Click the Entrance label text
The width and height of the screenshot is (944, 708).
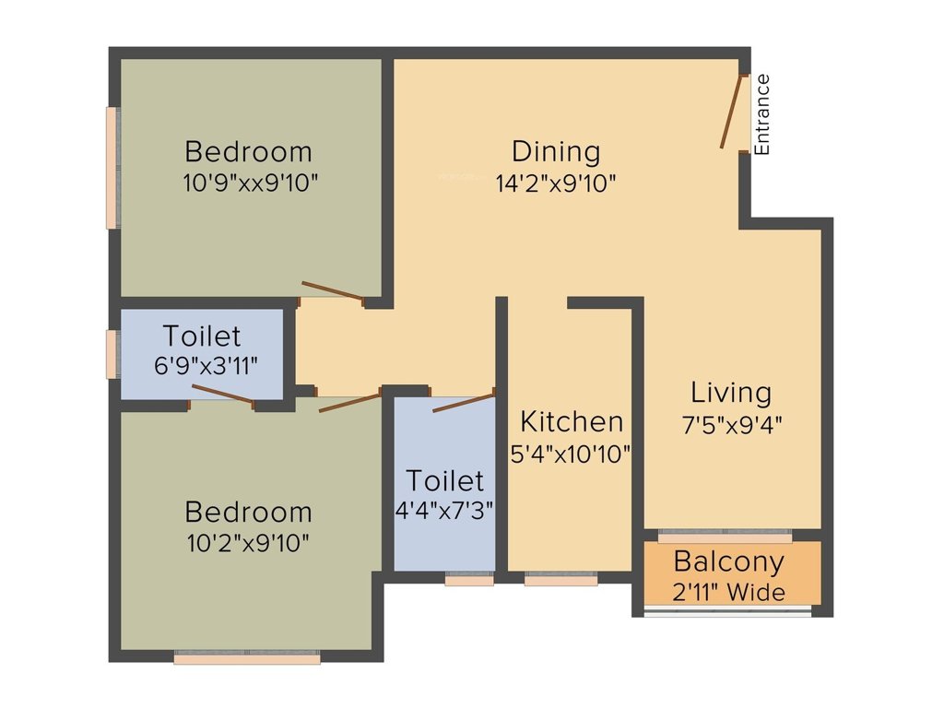click(762, 113)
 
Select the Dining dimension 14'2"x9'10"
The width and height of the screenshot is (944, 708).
click(556, 183)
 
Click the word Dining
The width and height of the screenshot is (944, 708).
click(556, 151)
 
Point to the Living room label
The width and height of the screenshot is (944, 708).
click(731, 393)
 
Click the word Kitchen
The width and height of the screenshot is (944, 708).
click(572, 421)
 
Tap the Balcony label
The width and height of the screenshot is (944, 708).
click(729, 560)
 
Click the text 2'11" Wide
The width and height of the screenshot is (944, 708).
click(729, 591)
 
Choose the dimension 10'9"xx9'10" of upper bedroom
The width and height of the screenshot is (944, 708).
click(251, 183)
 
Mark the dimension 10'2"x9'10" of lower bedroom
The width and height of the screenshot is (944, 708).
click(248, 542)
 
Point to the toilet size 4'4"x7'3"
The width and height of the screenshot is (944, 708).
click(445, 511)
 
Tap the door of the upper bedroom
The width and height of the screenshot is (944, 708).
click(333, 290)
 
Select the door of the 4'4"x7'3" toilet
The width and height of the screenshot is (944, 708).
click(463, 402)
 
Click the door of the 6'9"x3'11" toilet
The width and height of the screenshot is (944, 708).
click(222, 395)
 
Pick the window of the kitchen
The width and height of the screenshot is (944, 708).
click(560, 580)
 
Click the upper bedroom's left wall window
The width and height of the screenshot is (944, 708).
click(112, 167)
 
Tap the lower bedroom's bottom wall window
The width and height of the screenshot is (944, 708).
click(247, 658)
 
